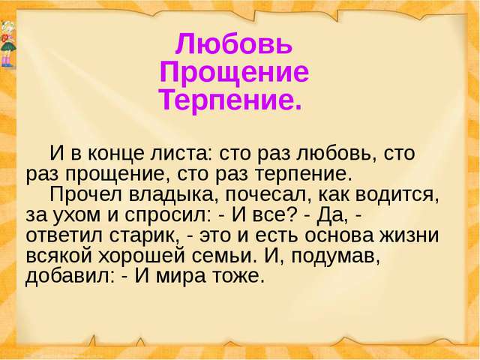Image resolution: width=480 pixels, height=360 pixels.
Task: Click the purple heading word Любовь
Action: [x=234, y=44]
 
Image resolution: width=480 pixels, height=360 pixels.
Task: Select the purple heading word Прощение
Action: [x=234, y=72]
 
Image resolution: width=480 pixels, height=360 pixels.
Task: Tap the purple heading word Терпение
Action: [x=230, y=100]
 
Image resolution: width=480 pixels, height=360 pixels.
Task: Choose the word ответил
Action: [x=64, y=236]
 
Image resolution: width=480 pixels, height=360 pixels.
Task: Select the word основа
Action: [x=339, y=236]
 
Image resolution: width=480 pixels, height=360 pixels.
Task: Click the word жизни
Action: [x=409, y=236]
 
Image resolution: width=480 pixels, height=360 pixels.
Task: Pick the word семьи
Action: [x=223, y=256]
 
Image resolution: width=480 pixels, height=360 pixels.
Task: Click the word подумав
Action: [x=335, y=256]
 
